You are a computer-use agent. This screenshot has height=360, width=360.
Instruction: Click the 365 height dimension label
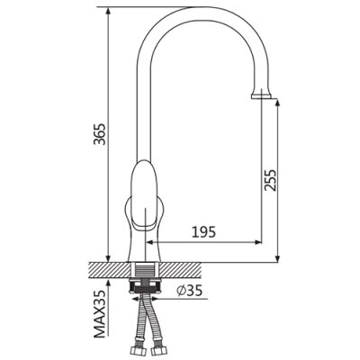(x=99, y=134)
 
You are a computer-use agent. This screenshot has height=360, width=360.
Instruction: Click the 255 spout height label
(x=269, y=180)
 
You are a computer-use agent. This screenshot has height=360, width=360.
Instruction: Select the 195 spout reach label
(x=203, y=232)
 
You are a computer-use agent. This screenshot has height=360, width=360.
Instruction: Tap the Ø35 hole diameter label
(x=190, y=291)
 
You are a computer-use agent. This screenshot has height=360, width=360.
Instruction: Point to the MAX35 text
(x=100, y=314)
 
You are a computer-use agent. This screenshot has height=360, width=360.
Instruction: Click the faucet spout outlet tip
(x=261, y=96)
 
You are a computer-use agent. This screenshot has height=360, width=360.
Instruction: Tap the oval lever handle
(x=144, y=195)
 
